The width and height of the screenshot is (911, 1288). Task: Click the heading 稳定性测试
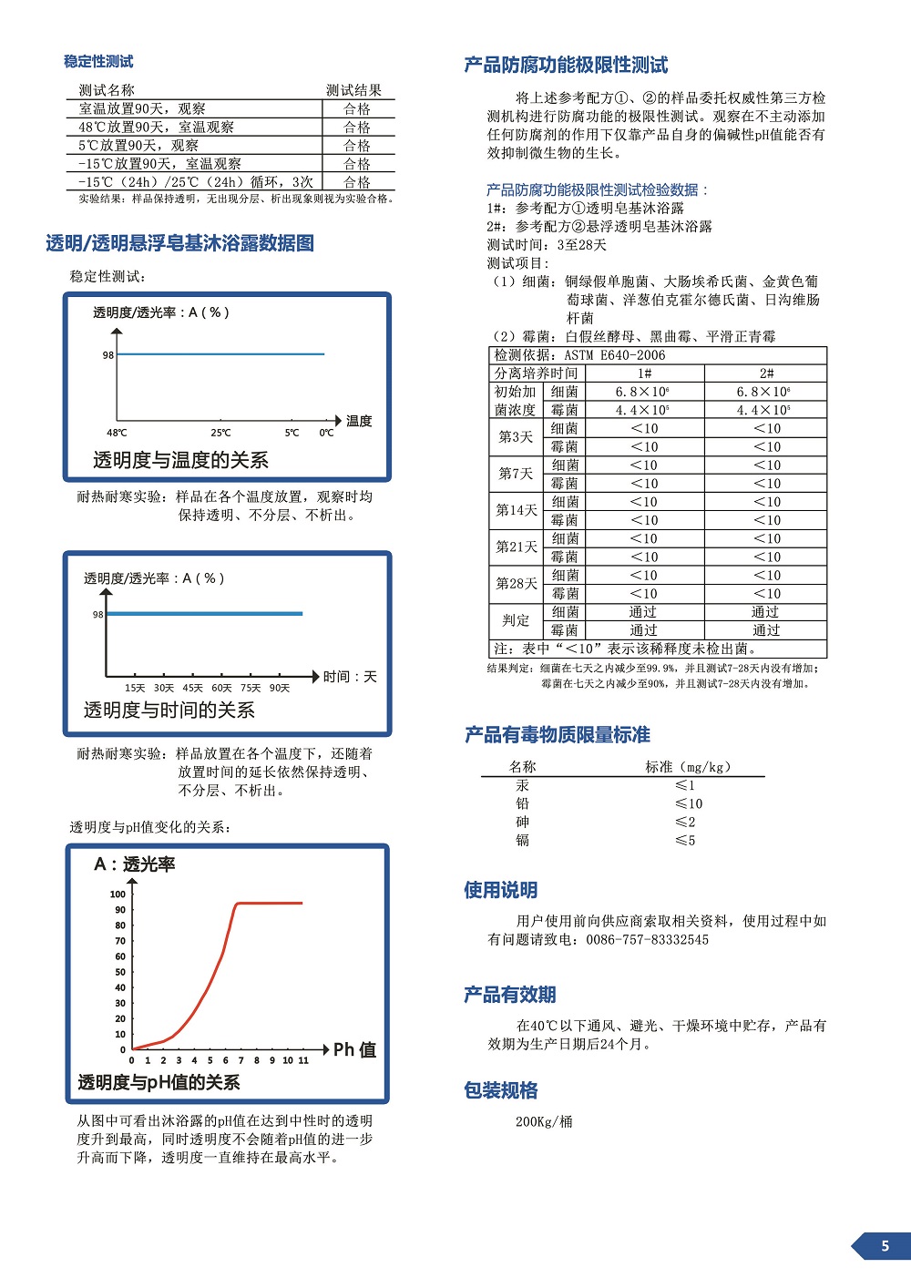click(x=98, y=61)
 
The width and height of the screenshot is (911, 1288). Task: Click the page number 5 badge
click(x=884, y=1246)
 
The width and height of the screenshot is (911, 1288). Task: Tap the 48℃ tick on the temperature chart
click(x=117, y=433)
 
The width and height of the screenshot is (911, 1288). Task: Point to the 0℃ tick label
click(x=326, y=433)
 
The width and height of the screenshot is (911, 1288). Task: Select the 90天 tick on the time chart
click(x=280, y=688)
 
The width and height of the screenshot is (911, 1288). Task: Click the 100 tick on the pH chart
click(x=118, y=894)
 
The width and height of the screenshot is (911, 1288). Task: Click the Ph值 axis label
click(x=354, y=1049)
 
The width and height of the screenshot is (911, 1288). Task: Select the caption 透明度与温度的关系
click(x=180, y=460)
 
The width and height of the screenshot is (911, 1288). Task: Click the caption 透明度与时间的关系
click(x=169, y=710)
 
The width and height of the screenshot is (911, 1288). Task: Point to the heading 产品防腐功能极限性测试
click(x=566, y=65)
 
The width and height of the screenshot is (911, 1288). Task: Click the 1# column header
click(x=644, y=373)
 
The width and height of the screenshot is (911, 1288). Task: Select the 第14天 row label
click(x=517, y=510)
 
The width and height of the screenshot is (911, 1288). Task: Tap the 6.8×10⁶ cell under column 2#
click(x=765, y=392)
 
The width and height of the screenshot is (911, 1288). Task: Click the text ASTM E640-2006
click(x=615, y=355)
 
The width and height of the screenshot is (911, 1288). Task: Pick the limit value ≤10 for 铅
click(x=689, y=803)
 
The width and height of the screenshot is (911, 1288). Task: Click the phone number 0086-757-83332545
click(x=647, y=939)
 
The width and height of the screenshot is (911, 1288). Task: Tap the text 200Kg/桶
click(x=544, y=1121)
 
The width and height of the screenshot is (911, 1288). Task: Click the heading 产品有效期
click(x=509, y=995)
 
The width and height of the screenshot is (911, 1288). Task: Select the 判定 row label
click(x=516, y=620)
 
